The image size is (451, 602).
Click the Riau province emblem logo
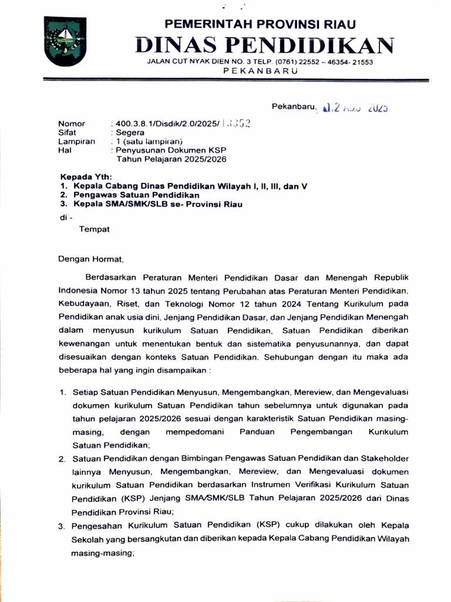click(65, 41)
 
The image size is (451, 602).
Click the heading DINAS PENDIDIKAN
click(264, 45)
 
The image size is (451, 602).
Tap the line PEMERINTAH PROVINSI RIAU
click(260, 24)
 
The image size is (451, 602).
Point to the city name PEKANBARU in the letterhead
click(261, 71)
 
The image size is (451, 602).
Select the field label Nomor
click(71, 124)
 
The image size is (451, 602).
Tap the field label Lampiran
click(76, 142)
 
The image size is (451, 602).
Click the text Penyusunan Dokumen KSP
click(167, 150)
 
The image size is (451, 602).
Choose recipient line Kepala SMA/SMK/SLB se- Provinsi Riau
click(157, 204)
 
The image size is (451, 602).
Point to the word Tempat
click(94, 229)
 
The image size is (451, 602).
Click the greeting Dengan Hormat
click(91, 258)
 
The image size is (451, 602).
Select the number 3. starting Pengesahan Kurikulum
click(62, 526)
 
